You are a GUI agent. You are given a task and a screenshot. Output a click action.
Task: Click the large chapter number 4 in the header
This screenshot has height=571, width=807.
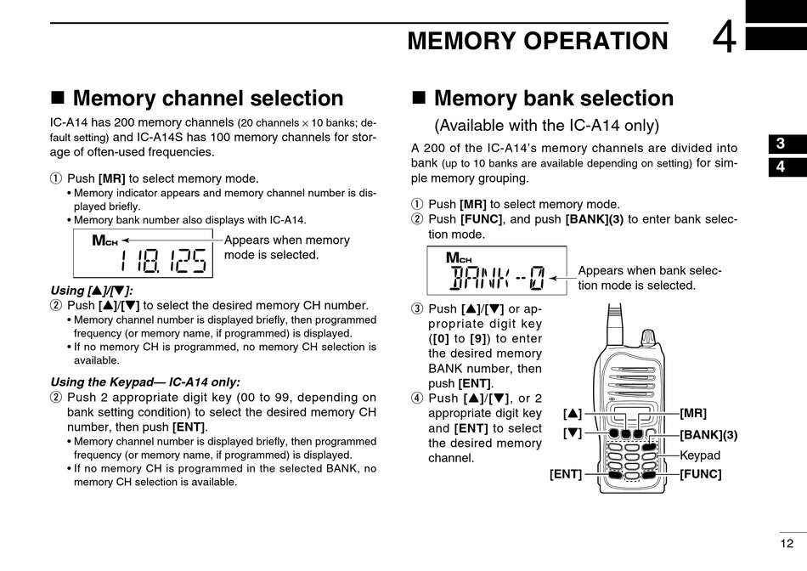point(725,38)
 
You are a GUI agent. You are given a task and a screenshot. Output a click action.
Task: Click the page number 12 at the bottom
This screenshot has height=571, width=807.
point(787,543)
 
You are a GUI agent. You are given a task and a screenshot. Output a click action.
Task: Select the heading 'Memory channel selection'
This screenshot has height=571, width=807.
point(207,99)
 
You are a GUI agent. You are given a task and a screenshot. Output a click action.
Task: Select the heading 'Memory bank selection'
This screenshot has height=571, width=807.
point(553,99)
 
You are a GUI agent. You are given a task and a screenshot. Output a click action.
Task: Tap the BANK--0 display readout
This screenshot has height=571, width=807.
point(497,276)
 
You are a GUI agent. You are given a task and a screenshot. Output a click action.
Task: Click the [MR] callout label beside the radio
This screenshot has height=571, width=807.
point(693,413)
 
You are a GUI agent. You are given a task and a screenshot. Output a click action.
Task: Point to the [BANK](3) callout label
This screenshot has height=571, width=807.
point(708,434)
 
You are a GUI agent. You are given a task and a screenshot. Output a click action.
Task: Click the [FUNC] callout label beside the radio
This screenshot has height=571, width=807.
point(700,474)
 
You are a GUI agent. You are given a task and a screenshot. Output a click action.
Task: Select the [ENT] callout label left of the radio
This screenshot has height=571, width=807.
point(566,474)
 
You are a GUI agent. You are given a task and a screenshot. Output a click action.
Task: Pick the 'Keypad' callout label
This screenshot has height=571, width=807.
point(700,455)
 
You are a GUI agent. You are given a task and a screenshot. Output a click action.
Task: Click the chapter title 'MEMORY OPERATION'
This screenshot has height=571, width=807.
point(538,41)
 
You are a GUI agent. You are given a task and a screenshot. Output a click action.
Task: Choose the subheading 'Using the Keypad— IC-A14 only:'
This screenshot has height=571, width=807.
point(145,382)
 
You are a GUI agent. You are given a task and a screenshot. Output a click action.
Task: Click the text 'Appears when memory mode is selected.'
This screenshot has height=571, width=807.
point(286,247)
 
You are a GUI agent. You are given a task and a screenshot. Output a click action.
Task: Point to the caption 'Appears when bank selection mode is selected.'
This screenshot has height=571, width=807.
point(650,278)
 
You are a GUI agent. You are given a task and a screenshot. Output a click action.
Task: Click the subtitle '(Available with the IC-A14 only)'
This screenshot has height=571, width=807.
point(547,126)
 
